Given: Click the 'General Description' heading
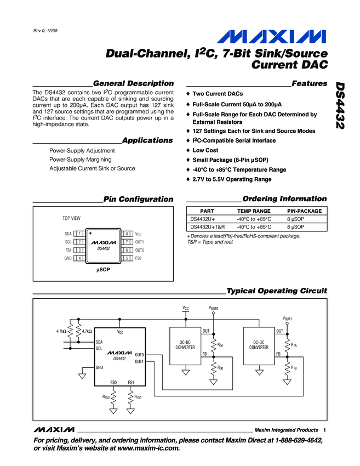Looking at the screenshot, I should (x=134, y=83).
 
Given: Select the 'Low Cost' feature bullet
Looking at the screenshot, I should (x=205, y=150).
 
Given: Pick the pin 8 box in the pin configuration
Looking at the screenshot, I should (x=127, y=234).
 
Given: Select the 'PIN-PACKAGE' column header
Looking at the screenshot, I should (x=304, y=211).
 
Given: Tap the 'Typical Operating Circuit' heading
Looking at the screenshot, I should (x=276, y=291).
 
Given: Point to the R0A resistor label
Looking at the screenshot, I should (x=220, y=345).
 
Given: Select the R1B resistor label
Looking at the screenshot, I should (x=294, y=367).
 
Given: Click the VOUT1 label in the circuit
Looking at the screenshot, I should (x=287, y=319).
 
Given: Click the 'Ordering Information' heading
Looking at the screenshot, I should (x=284, y=199).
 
